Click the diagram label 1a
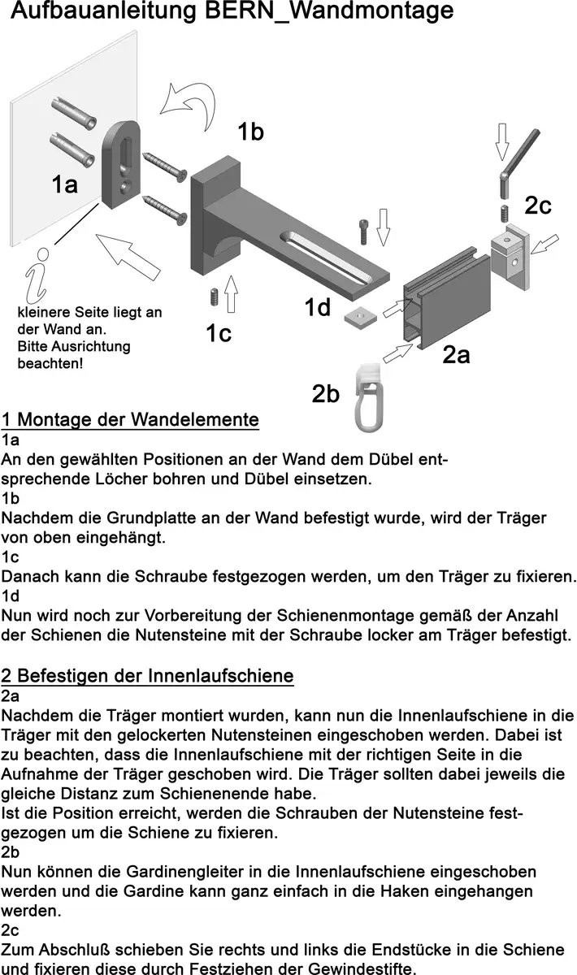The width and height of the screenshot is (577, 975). (64, 184)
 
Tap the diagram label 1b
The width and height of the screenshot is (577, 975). (250, 132)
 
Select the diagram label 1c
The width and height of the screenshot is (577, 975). (219, 333)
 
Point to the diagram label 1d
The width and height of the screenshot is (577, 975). (318, 308)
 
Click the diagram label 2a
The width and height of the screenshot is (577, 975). (456, 355)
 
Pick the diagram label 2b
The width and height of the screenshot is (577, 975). (325, 394)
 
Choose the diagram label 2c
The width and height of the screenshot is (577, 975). (537, 206)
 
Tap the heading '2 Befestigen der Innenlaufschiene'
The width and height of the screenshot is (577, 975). (147, 675)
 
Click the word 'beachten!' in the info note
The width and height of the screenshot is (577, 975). (50, 363)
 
